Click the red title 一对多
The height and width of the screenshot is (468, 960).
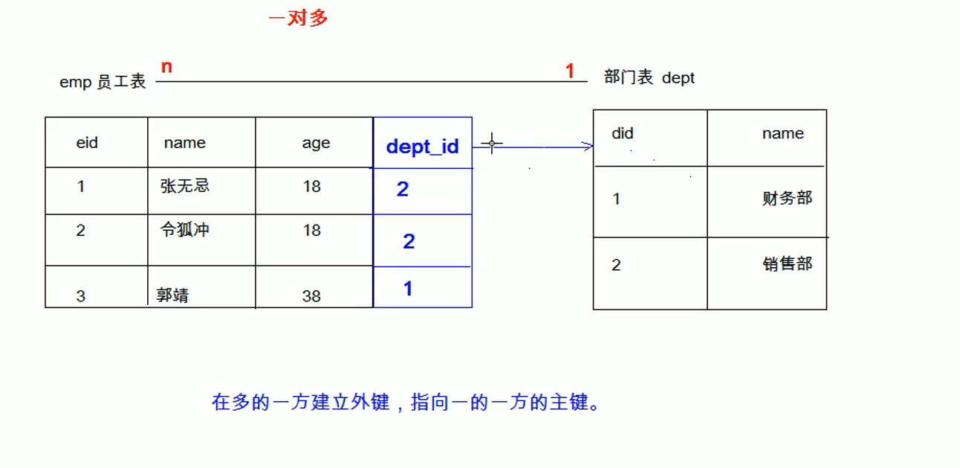tap(298, 19)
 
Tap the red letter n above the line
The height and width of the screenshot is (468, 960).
tap(166, 67)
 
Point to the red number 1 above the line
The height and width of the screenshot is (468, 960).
tap(570, 71)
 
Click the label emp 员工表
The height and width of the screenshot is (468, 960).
tap(103, 83)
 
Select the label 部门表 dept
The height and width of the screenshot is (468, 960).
tap(649, 78)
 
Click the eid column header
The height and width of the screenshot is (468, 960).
tap(87, 143)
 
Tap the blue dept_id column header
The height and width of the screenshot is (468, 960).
tap(422, 147)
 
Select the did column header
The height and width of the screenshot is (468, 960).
tap(623, 134)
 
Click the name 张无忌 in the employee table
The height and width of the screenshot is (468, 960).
tap(185, 186)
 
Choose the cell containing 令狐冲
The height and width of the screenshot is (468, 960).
tap(185, 230)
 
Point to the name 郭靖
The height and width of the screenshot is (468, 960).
tap(172, 295)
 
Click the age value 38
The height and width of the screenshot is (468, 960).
tap(311, 296)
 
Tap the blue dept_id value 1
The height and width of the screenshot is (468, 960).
tap(408, 289)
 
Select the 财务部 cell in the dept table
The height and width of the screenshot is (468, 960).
tap(787, 199)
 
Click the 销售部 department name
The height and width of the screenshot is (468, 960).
tap(787, 264)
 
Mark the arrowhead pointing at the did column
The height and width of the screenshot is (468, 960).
tap(588, 147)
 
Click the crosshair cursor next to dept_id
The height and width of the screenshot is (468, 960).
tap(492, 143)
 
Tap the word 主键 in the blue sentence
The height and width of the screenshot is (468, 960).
tap(568, 403)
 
